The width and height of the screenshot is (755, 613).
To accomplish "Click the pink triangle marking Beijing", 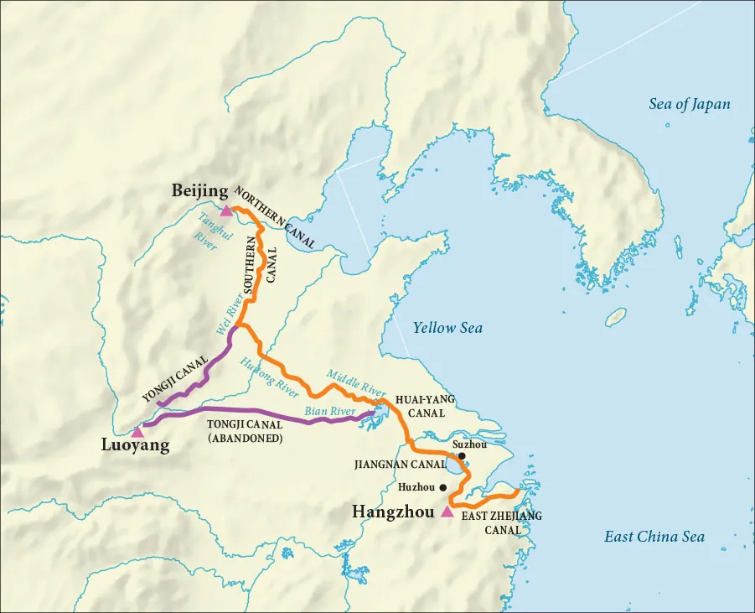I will point(226,210).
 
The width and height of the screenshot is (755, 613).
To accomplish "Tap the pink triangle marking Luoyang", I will point(137,431).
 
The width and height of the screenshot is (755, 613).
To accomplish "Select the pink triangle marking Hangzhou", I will point(447,512).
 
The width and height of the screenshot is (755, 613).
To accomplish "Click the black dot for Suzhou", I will point(462,455).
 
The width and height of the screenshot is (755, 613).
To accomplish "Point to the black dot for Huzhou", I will point(442,486).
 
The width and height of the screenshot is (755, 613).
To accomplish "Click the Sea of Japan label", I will point(689,105).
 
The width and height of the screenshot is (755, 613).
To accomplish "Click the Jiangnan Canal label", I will point(399,464).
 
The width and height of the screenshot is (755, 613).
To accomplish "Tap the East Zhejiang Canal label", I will point(502,523).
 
